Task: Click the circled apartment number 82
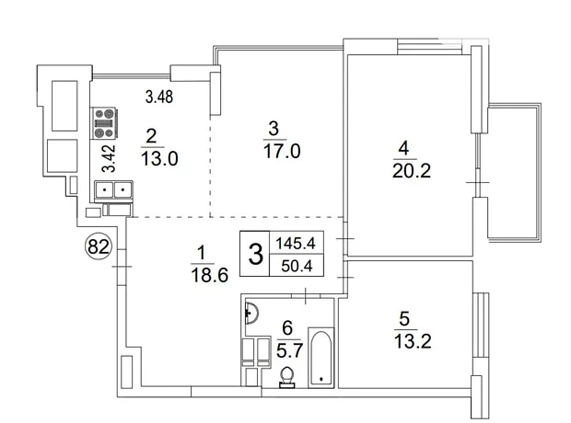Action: click(x=99, y=246)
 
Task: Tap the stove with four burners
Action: click(x=104, y=123)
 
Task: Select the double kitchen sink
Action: click(x=113, y=189)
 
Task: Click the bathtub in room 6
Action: click(x=320, y=358)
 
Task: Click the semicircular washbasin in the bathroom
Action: click(x=251, y=313)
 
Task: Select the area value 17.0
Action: click(x=282, y=151)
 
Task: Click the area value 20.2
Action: click(x=412, y=171)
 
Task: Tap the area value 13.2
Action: click(x=413, y=341)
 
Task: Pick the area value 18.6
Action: click(x=209, y=275)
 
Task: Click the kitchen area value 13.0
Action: click(x=159, y=159)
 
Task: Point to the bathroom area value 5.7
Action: click(x=289, y=351)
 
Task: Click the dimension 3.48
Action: click(x=159, y=97)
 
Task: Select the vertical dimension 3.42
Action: click(x=109, y=158)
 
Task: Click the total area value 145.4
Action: click(x=296, y=243)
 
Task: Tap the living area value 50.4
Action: click(x=297, y=266)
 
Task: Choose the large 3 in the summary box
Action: click(x=255, y=254)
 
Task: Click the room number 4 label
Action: click(x=403, y=148)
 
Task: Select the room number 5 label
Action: click(x=404, y=319)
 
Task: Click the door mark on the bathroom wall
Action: click(x=306, y=296)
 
